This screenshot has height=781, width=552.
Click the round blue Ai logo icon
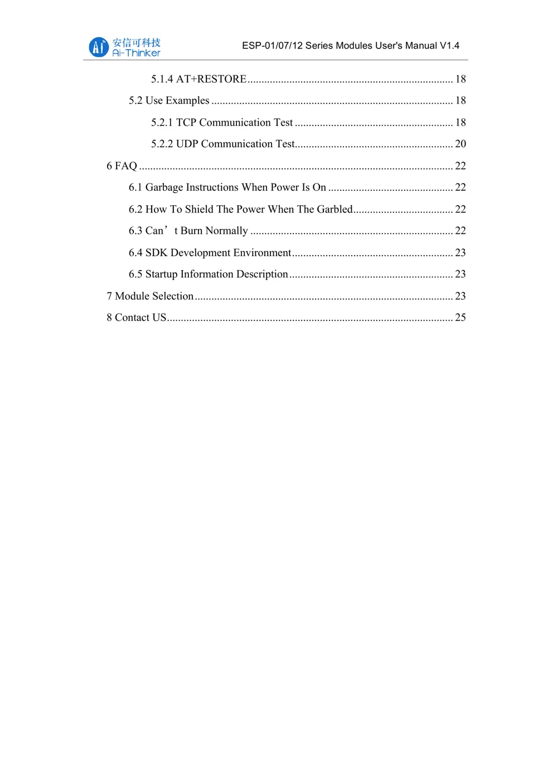(x=99, y=47)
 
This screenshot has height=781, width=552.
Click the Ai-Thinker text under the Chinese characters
(x=136, y=53)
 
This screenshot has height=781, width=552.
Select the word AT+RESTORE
(x=211, y=79)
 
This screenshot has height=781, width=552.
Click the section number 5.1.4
(x=162, y=79)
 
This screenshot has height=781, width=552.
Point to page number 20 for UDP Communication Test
(x=461, y=144)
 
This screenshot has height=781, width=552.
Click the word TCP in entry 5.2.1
(x=186, y=123)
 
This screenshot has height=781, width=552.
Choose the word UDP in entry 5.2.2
(x=187, y=144)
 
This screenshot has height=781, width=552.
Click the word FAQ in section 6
(x=126, y=166)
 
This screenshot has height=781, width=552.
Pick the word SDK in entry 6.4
(x=156, y=253)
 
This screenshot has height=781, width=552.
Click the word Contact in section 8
(x=132, y=317)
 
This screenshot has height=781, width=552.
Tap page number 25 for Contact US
(x=461, y=317)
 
